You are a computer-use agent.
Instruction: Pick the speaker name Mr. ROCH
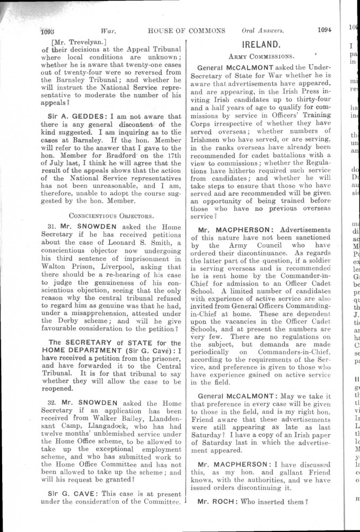point(216,501)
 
